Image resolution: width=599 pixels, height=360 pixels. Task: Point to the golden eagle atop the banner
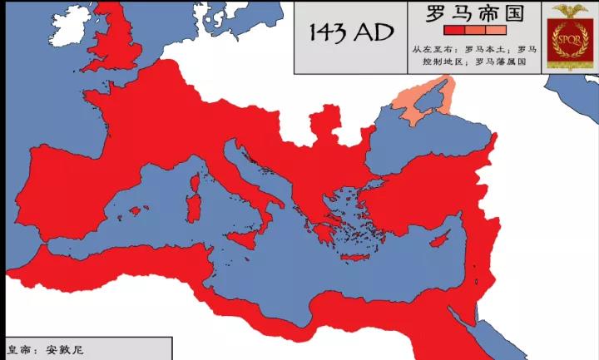click(570, 11)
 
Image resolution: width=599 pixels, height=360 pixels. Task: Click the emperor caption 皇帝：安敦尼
click(46, 349)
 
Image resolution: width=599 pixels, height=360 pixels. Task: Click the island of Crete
click(359, 258)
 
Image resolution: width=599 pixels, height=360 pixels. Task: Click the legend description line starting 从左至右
click(474, 49)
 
